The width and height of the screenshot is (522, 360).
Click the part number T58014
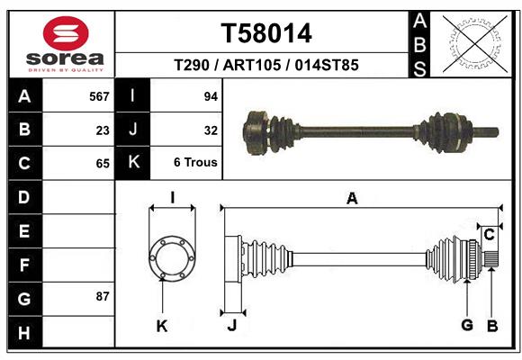[x=266, y=33]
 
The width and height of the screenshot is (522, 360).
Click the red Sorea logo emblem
[x=66, y=34]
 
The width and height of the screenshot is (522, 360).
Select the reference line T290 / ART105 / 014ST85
[x=266, y=66]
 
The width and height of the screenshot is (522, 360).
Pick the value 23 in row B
[x=103, y=130]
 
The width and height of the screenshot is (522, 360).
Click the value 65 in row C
[x=103, y=164]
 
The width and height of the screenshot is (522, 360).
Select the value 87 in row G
[x=103, y=296]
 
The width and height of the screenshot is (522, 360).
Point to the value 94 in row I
[x=211, y=96]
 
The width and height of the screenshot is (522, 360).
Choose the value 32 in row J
[x=211, y=130]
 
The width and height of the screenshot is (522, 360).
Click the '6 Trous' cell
[x=195, y=163]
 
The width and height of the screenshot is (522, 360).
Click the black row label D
[x=24, y=197]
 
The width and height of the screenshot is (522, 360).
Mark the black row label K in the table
[x=132, y=163]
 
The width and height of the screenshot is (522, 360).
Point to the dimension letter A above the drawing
[x=352, y=198]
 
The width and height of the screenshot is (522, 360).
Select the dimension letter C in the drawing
[x=490, y=235]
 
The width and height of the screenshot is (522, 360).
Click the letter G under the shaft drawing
[x=467, y=325]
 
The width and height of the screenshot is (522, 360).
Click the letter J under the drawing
[x=231, y=326]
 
